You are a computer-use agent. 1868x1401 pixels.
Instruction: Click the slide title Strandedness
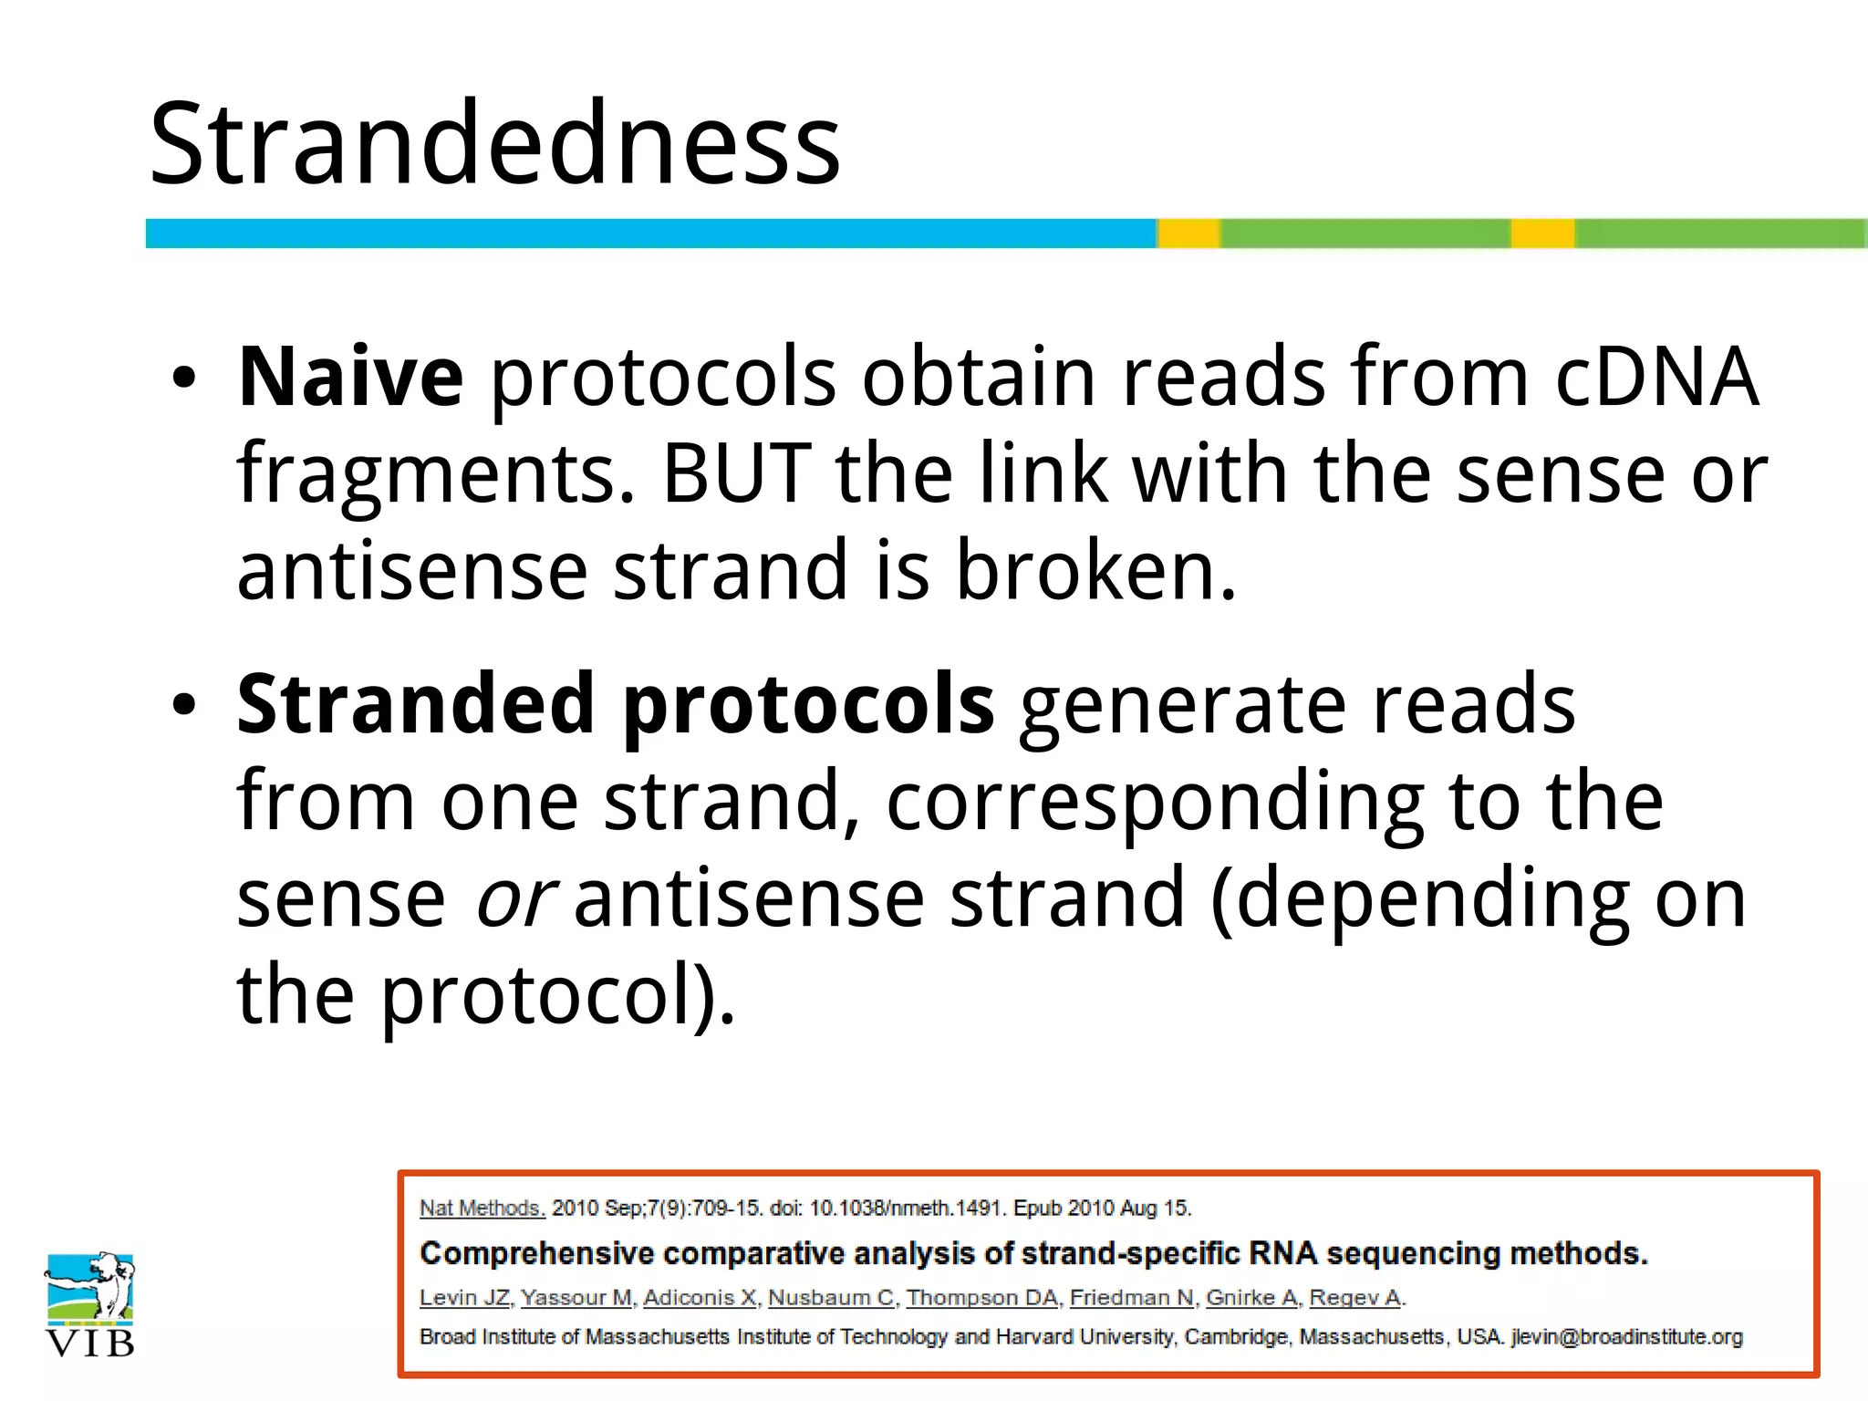(494, 143)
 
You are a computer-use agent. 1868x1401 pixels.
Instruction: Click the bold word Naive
(350, 376)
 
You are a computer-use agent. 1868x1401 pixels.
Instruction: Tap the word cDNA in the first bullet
(1655, 376)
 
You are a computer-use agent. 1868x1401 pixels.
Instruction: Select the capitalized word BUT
(736, 473)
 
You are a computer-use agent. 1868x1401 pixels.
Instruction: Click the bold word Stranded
(416, 703)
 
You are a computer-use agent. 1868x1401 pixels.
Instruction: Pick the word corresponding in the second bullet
(1155, 801)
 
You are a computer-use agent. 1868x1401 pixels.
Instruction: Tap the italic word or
(514, 898)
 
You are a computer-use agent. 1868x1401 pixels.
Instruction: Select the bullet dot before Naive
(184, 378)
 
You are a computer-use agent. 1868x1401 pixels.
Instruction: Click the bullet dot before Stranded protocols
(184, 705)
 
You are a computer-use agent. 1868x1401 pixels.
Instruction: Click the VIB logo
(89, 1304)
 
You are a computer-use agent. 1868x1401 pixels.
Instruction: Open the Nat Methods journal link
(482, 1209)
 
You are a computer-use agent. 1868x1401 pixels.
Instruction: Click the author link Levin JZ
(464, 1297)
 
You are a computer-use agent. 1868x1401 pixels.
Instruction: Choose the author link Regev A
(1355, 1297)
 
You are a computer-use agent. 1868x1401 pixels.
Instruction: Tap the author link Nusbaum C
(831, 1297)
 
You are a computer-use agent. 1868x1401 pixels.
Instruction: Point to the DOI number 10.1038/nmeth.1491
(907, 1209)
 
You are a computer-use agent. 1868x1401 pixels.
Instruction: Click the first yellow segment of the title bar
(1188, 233)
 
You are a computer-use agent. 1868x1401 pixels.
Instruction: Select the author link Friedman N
(1132, 1297)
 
